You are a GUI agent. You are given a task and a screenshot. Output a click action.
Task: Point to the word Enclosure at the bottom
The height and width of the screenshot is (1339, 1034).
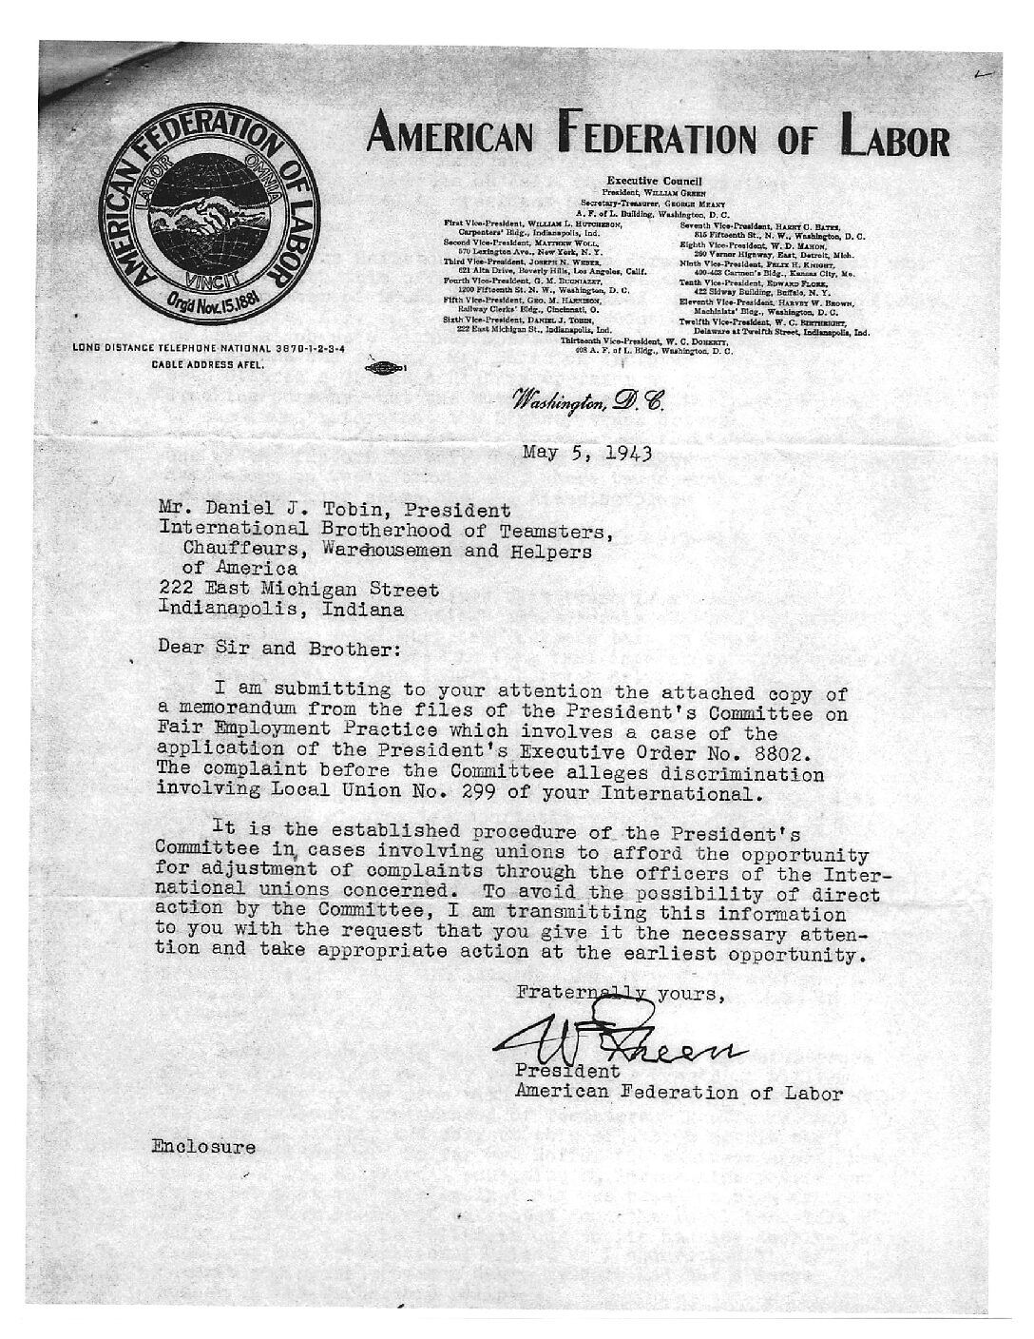202,1146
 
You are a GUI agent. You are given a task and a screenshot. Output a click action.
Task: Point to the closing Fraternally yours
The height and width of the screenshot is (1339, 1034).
622,994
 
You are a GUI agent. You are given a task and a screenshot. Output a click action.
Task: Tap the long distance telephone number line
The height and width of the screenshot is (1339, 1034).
208,350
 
